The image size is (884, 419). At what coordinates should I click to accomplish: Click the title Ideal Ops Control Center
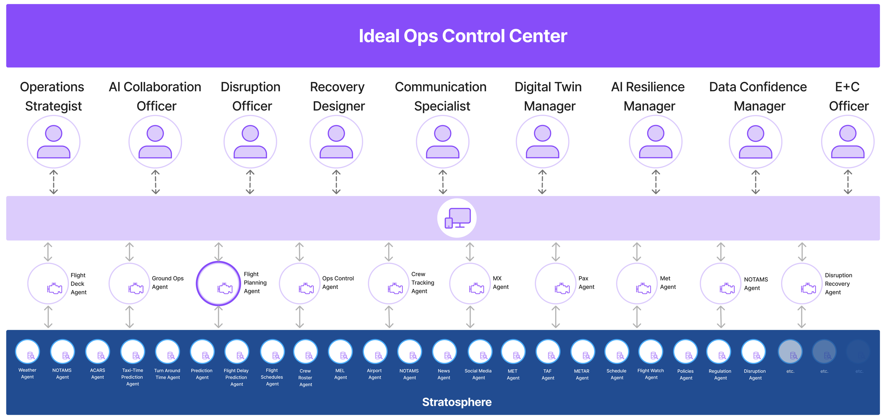click(463, 36)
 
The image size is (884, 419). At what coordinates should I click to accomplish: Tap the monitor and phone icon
click(457, 218)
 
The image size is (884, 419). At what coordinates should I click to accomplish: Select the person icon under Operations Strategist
click(54, 142)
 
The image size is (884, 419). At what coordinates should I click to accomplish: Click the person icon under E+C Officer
click(848, 142)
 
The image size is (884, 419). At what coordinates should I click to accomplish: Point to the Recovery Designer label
click(338, 96)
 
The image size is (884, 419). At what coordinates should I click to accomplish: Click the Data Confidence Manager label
click(758, 96)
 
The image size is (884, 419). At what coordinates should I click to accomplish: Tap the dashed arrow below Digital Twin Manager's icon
click(542, 182)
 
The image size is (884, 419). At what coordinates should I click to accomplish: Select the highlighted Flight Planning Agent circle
click(219, 283)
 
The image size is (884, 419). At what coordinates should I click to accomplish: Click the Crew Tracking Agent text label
click(423, 283)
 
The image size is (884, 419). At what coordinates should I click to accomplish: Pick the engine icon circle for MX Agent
click(470, 283)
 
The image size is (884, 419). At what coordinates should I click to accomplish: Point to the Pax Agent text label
click(586, 283)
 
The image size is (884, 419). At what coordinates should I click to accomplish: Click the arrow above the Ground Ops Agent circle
click(129, 252)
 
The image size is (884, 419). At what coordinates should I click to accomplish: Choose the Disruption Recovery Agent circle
click(802, 283)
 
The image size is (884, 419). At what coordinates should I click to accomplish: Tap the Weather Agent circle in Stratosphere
click(28, 352)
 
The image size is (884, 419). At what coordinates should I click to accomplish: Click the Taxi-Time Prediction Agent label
click(132, 377)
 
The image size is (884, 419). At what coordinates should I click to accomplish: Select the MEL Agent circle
click(340, 352)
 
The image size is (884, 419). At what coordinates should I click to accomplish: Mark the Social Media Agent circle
click(480, 352)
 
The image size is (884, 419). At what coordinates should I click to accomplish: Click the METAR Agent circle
click(582, 352)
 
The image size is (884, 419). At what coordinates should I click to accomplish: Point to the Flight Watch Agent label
click(651, 374)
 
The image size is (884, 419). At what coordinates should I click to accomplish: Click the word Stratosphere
click(456, 402)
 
